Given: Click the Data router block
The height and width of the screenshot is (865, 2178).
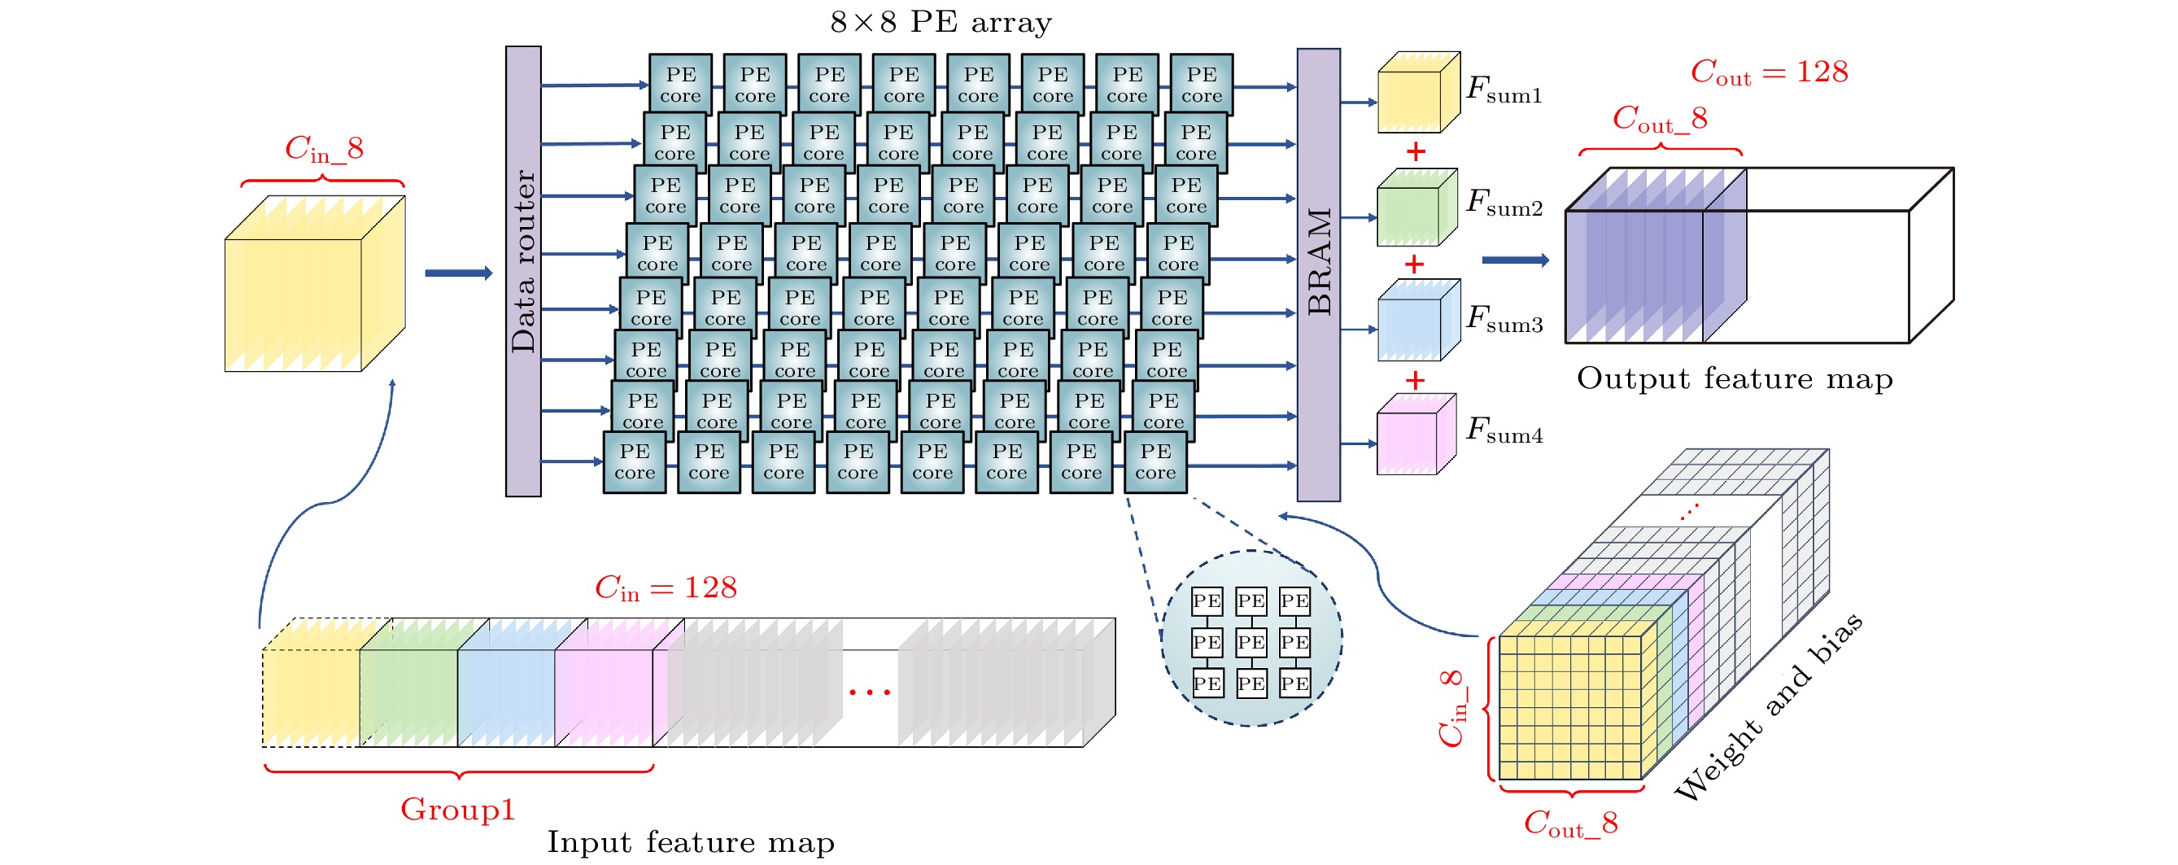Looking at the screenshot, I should click(523, 271).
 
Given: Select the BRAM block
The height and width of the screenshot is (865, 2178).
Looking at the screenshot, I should click(1318, 274).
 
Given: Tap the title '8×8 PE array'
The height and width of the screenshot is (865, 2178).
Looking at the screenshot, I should click(941, 22).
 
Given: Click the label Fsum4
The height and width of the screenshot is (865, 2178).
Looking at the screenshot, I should click(1504, 431).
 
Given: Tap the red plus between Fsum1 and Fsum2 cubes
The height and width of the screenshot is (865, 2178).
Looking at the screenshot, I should click(1416, 152).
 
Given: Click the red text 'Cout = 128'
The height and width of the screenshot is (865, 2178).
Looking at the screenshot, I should click(1769, 72).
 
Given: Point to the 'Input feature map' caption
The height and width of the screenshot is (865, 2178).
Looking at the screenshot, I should click(690, 842).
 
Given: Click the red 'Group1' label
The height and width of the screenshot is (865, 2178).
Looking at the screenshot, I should click(457, 809).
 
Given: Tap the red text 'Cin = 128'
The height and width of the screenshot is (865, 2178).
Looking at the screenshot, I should click(666, 588).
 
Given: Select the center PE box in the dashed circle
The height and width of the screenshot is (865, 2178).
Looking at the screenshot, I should click(1250, 642).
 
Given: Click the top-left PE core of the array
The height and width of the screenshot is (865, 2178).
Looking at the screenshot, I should click(680, 85).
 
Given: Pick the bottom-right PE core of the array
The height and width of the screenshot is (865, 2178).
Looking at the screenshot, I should click(1155, 461).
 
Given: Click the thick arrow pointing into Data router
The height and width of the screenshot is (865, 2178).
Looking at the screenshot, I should click(458, 273).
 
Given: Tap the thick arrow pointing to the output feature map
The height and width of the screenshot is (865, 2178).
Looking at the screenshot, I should click(1514, 260).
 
